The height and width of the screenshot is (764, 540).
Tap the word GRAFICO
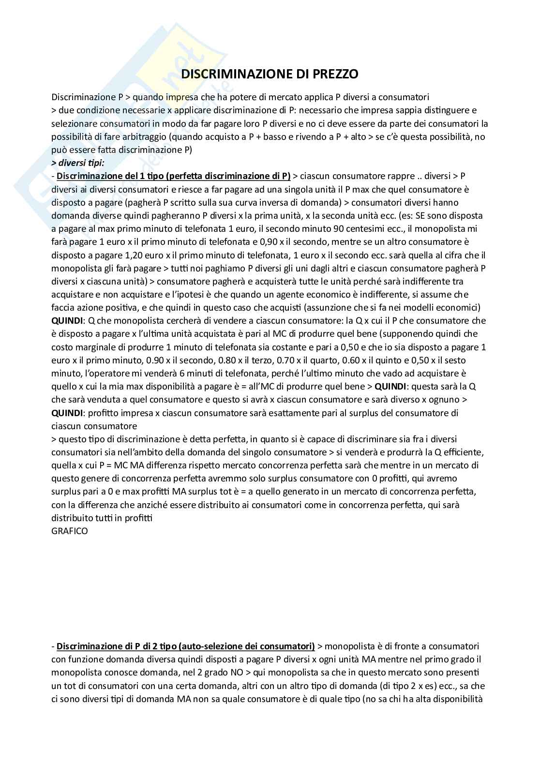coord(70,531)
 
